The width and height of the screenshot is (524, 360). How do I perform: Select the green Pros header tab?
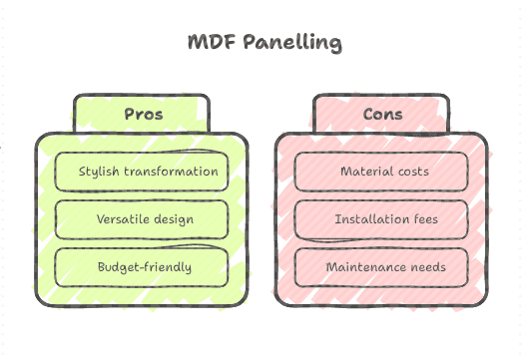[x=143, y=114]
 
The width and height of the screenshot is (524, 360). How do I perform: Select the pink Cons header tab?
[x=382, y=114]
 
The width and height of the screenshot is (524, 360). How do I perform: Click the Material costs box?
[x=382, y=171]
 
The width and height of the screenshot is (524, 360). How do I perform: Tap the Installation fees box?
[x=382, y=218]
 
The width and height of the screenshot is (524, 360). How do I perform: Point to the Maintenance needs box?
[x=382, y=266]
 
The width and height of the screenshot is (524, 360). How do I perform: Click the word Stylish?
[x=100, y=172]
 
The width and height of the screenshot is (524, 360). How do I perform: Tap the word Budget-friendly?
[x=144, y=267]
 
